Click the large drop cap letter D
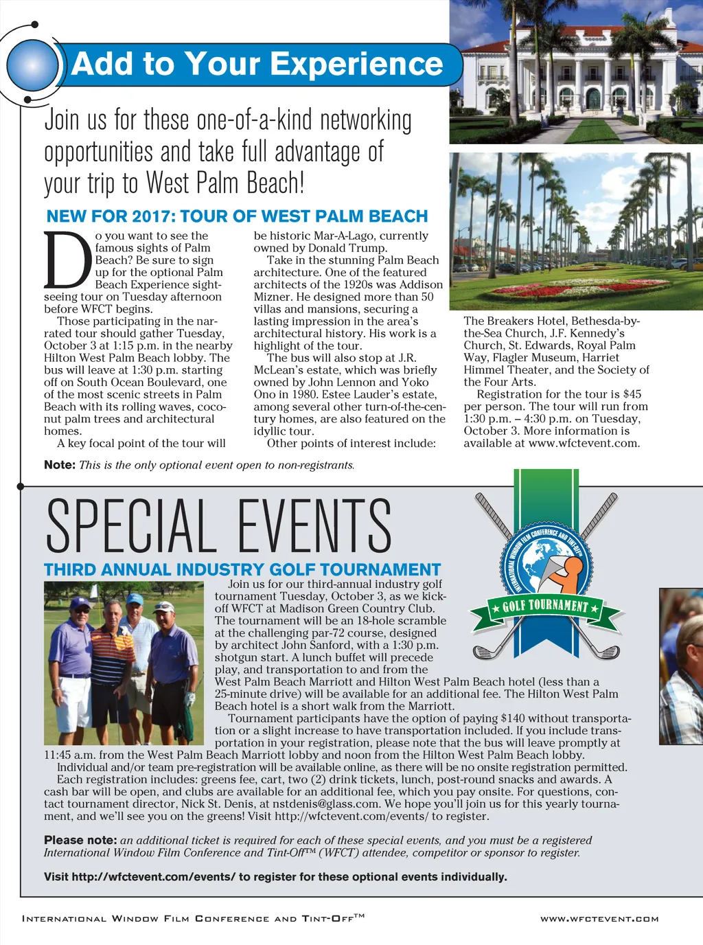pyautogui.click(x=68, y=261)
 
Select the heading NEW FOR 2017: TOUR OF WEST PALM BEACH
pyautogui.click(x=237, y=216)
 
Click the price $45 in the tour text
pyautogui.click(x=632, y=394)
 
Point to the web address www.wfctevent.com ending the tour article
pyautogui.click(x=584, y=444)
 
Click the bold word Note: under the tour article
pyautogui.click(x=59, y=465)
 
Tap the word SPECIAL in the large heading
pyautogui.click(x=127, y=527)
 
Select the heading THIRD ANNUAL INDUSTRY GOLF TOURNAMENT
pyautogui.click(x=242, y=570)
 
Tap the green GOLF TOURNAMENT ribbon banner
pyautogui.click(x=545, y=606)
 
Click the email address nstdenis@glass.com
pyautogui.click(x=325, y=804)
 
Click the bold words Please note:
pyautogui.click(x=80, y=841)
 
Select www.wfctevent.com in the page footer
pyautogui.click(x=599, y=919)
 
